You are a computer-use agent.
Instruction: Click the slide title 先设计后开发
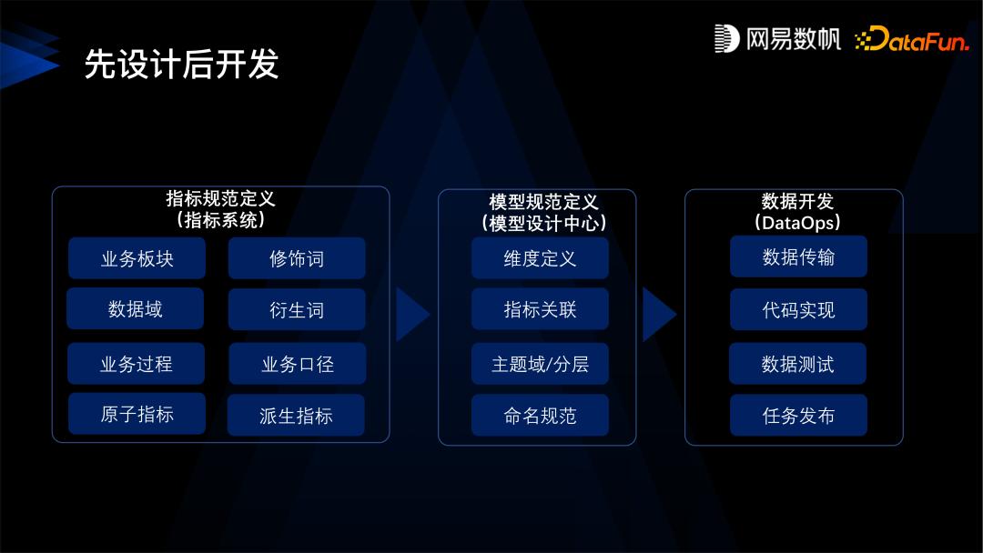[x=181, y=65]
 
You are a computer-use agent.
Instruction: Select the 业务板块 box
[x=137, y=259]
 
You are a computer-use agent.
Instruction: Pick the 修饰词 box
[x=297, y=259]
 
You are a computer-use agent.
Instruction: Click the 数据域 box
[x=136, y=309]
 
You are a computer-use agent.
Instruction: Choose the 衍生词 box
[x=297, y=310]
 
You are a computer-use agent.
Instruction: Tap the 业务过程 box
[x=137, y=364]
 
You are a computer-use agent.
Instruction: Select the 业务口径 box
[x=297, y=364]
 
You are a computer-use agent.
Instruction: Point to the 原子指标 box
[x=137, y=415]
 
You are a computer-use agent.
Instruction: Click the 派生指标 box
[x=296, y=416]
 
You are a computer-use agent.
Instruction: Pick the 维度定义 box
[x=540, y=258]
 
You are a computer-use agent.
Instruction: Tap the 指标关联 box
[x=540, y=309]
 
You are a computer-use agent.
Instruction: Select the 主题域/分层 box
[x=540, y=364]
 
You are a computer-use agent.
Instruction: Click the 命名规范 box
[x=540, y=416]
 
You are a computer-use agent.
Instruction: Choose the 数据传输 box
[x=798, y=257]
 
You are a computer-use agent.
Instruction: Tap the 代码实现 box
[x=798, y=309]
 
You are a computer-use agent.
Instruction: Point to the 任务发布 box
[x=798, y=416]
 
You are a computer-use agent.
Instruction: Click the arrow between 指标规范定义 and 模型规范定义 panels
[x=412, y=315]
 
